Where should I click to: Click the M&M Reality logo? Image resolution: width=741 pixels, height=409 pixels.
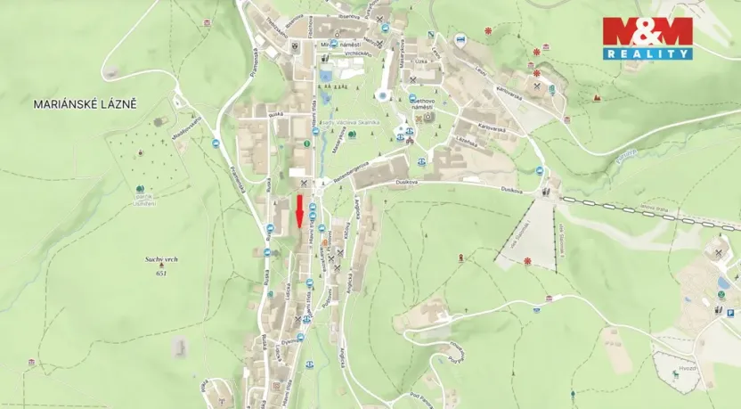pyautogui.click(x=647, y=38)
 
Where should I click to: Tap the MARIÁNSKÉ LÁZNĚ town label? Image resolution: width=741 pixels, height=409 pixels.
pyautogui.click(x=85, y=104)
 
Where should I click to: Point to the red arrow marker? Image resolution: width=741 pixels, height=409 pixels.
pyautogui.click(x=299, y=211)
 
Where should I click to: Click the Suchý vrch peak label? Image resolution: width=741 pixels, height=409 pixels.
pyautogui.click(x=161, y=259)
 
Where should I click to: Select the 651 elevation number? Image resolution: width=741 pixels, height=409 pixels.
pyautogui.click(x=161, y=272)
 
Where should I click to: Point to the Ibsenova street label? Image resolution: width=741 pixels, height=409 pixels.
pyautogui.click(x=349, y=16)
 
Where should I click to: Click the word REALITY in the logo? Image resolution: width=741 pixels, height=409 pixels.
pyautogui.click(x=647, y=53)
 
